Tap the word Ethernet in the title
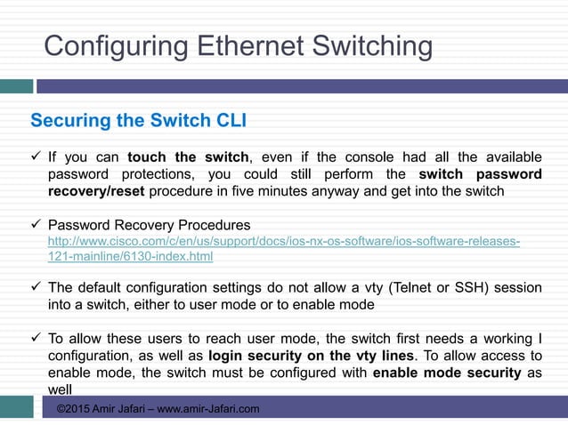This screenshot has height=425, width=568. click(x=240, y=45)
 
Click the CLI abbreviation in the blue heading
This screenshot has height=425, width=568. click(x=229, y=120)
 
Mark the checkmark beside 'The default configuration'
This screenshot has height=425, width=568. click(x=36, y=287)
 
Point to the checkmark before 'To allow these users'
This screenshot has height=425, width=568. click(x=36, y=339)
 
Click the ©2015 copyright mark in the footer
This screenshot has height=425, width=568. click(x=74, y=409)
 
